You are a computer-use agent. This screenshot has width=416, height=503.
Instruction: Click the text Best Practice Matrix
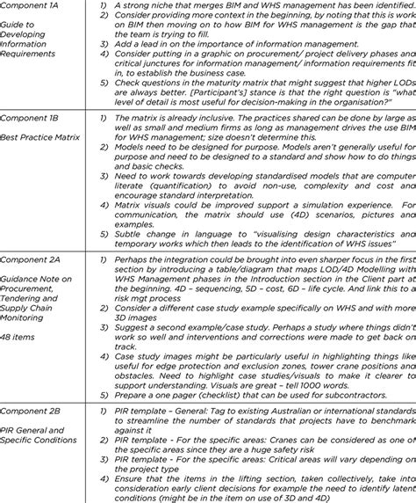(40, 138)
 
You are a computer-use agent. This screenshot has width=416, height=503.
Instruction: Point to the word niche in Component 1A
(163, 6)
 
